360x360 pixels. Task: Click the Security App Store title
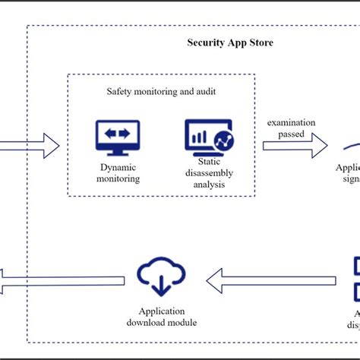click(x=230, y=43)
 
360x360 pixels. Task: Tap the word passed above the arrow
click(x=291, y=134)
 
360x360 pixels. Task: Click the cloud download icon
click(x=160, y=278)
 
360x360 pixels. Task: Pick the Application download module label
click(x=160, y=317)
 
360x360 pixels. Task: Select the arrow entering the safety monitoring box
click(x=30, y=144)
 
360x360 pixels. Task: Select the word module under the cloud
click(x=182, y=323)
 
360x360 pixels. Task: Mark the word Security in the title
click(x=206, y=43)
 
